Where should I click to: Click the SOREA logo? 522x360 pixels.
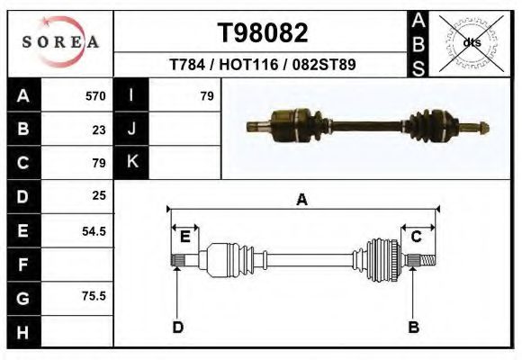pos(60,41)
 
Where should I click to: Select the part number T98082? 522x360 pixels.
pos(263,33)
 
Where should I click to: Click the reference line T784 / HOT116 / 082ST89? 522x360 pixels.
pos(262,65)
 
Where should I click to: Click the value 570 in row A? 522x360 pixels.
pos(95,95)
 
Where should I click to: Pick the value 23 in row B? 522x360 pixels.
pos(99,130)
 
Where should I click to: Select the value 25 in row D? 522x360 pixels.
pos(99,195)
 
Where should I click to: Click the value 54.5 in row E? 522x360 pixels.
pos(94,230)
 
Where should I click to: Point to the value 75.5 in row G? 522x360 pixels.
pos(94,296)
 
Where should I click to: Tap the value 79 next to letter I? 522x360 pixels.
pos(206,95)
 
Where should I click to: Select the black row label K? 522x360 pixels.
pos(131,162)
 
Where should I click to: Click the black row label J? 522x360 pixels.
pos(131,129)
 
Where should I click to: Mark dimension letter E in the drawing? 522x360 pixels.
pos(184,237)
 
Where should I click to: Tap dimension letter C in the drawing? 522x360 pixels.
pos(417,237)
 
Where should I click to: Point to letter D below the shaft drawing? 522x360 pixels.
pos(178,327)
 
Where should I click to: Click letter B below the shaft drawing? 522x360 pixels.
pos(413,327)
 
